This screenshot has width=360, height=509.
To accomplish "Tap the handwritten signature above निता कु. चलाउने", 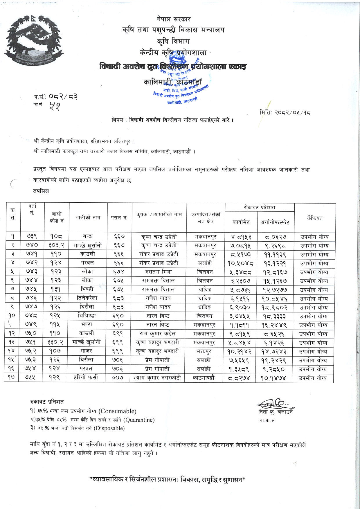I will tap(273, 403).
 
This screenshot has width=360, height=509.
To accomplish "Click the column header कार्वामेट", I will tap(241, 222).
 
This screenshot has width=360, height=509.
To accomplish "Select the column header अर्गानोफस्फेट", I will tap(275, 222).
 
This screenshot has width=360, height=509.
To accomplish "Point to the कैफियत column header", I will tap(315, 218).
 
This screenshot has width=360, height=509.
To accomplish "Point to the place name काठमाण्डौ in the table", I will tap(205, 378).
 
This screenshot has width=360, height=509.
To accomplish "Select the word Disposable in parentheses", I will tap(109, 428).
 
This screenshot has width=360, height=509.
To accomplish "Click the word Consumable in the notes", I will tap(117, 411).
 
